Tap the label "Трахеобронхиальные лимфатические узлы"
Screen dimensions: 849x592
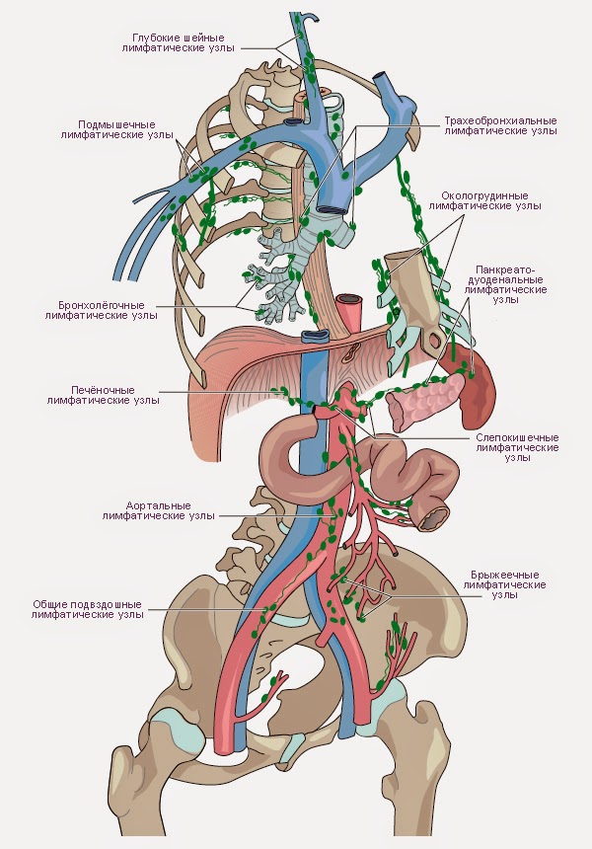[x=500, y=125]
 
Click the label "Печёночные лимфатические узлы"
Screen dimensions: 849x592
[x=104, y=396]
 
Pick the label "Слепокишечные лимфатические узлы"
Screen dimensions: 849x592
[x=518, y=446]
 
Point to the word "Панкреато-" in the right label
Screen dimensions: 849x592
[x=504, y=269]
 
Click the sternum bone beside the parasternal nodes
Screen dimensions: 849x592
[x=411, y=286]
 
